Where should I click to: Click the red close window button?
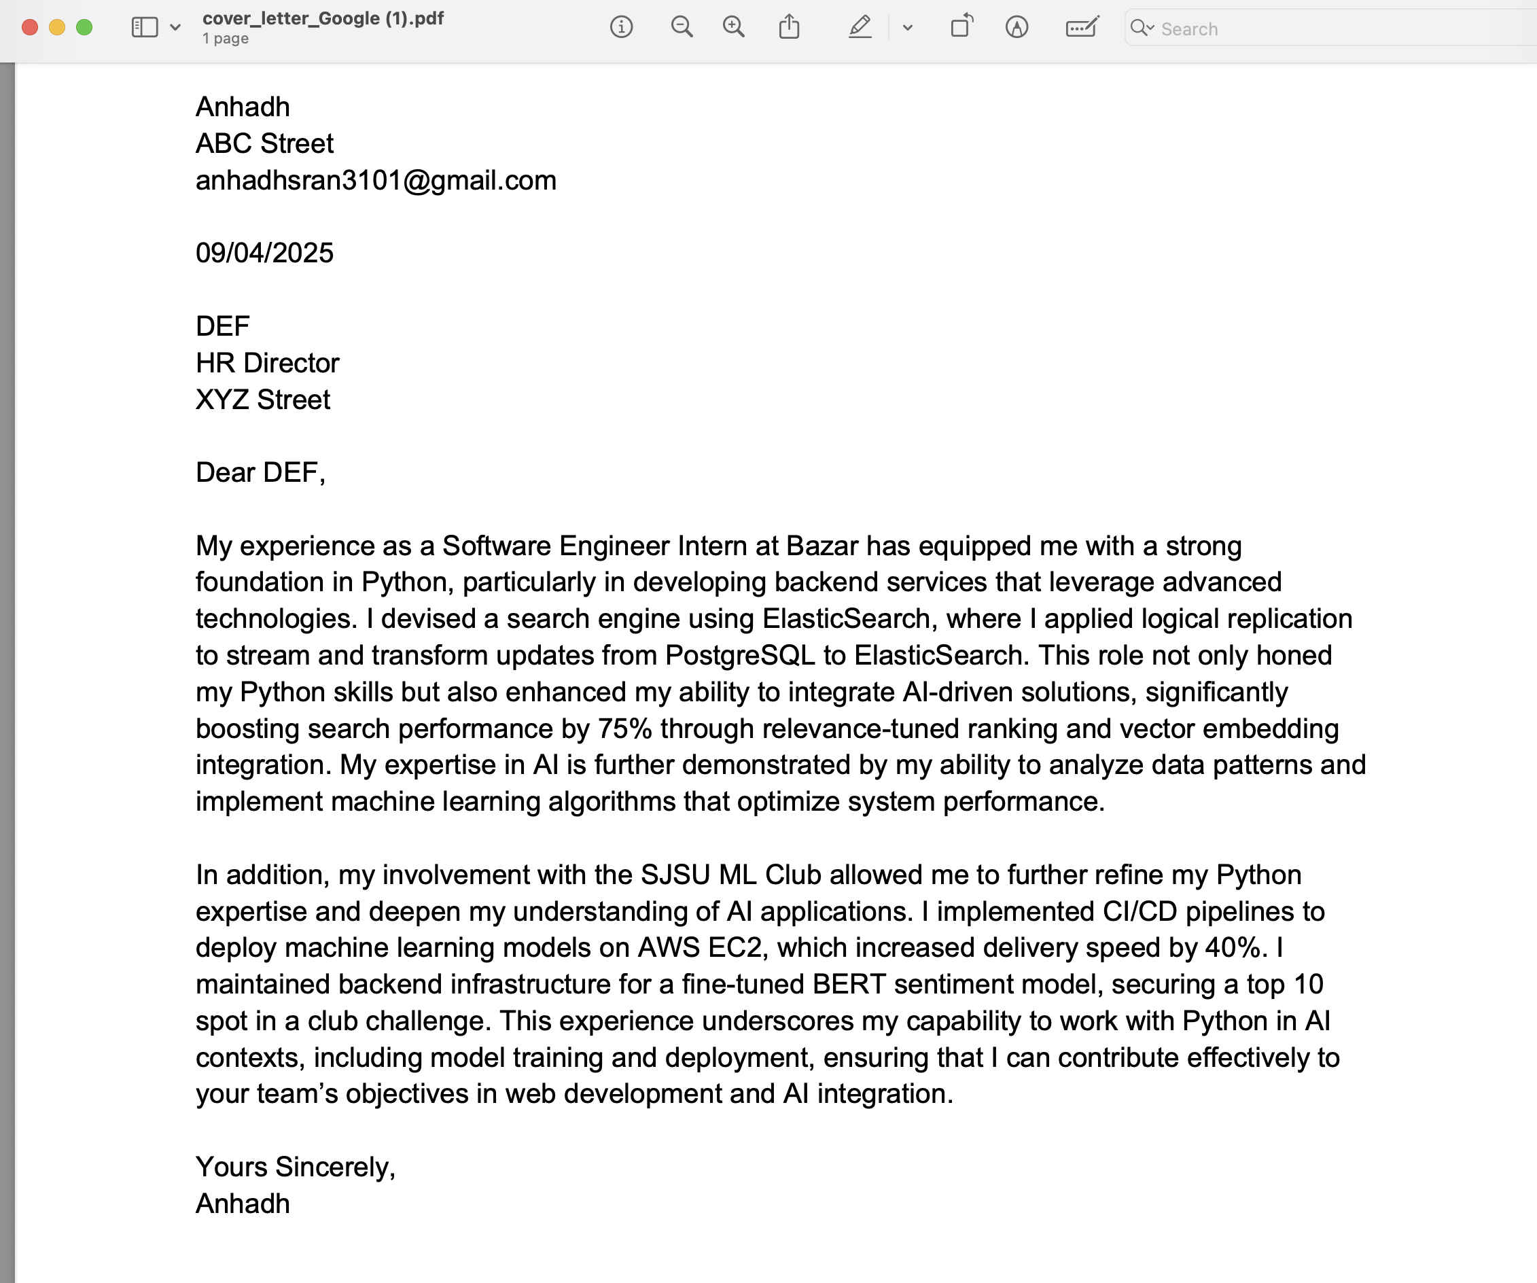click(30, 28)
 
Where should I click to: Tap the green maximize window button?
click(85, 28)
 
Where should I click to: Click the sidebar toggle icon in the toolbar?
click(144, 28)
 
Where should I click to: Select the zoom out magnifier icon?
click(682, 28)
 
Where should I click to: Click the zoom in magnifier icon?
click(733, 28)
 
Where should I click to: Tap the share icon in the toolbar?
click(789, 28)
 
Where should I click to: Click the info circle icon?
click(621, 28)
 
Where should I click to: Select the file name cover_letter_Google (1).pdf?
click(323, 18)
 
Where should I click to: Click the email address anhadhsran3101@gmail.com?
click(376, 180)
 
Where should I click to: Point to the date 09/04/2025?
click(264, 253)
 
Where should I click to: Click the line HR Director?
click(267, 363)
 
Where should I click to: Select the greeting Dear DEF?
click(260, 473)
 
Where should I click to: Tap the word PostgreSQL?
click(739, 656)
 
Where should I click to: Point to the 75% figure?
click(624, 729)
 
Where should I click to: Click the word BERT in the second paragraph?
click(848, 985)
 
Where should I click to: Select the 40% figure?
click(1233, 948)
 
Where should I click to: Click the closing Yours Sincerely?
click(295, 1167)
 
